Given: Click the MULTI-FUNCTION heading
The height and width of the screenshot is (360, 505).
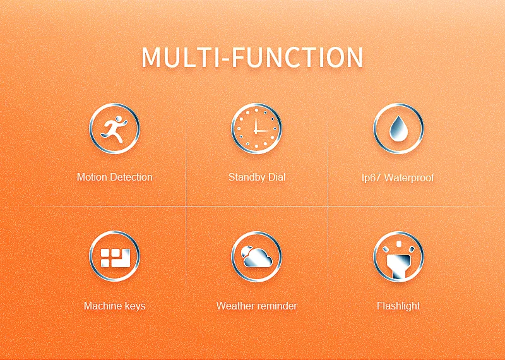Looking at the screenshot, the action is pos(252,57).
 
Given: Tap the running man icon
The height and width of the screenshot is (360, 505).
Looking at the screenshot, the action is pos(114,129).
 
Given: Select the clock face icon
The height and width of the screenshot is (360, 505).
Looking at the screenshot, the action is pos(256,129).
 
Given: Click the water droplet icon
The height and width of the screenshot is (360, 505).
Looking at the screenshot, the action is pos(398,128).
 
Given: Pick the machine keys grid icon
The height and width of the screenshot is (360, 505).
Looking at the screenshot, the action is pos(116,258).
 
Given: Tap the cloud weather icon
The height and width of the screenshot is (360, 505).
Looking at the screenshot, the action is pos(257,256).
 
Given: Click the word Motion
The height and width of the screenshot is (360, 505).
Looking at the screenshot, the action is pos(92,177).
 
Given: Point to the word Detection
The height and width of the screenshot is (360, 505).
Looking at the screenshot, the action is pos(131,177).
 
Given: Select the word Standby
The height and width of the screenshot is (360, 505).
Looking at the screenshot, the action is pos(247,177).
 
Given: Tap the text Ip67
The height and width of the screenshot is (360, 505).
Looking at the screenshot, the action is pos(372,177).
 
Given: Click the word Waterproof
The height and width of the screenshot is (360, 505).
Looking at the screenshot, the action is pos(409,177).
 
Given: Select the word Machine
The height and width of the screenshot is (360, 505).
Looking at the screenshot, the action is pos(101,306).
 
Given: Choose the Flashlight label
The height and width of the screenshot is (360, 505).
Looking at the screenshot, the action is pos(398,306).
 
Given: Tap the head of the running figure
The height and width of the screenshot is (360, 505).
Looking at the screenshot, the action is pos(119,118).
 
